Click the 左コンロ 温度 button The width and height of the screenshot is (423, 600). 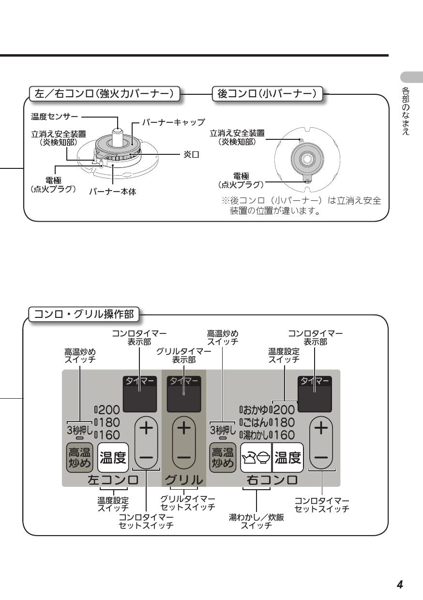(x=113, y=457)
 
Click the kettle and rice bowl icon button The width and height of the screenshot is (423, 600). (x=256, y=457)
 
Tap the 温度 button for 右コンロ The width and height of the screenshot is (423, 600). (x=287, y=457)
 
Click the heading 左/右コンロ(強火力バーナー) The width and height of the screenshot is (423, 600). (x=105, y=94)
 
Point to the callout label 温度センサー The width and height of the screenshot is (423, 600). (x=55, y=117)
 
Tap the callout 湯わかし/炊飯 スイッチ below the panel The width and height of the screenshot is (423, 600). (x=257, y=522)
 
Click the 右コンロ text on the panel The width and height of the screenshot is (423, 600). (x=273, y=480)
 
